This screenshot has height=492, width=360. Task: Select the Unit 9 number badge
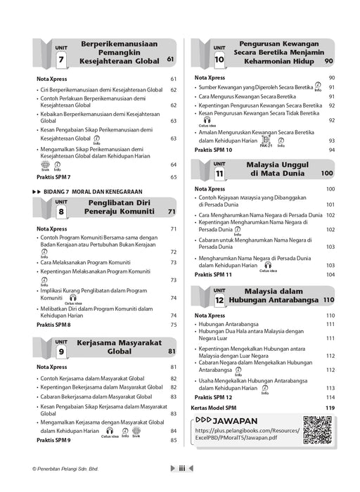tap(61, 351)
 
